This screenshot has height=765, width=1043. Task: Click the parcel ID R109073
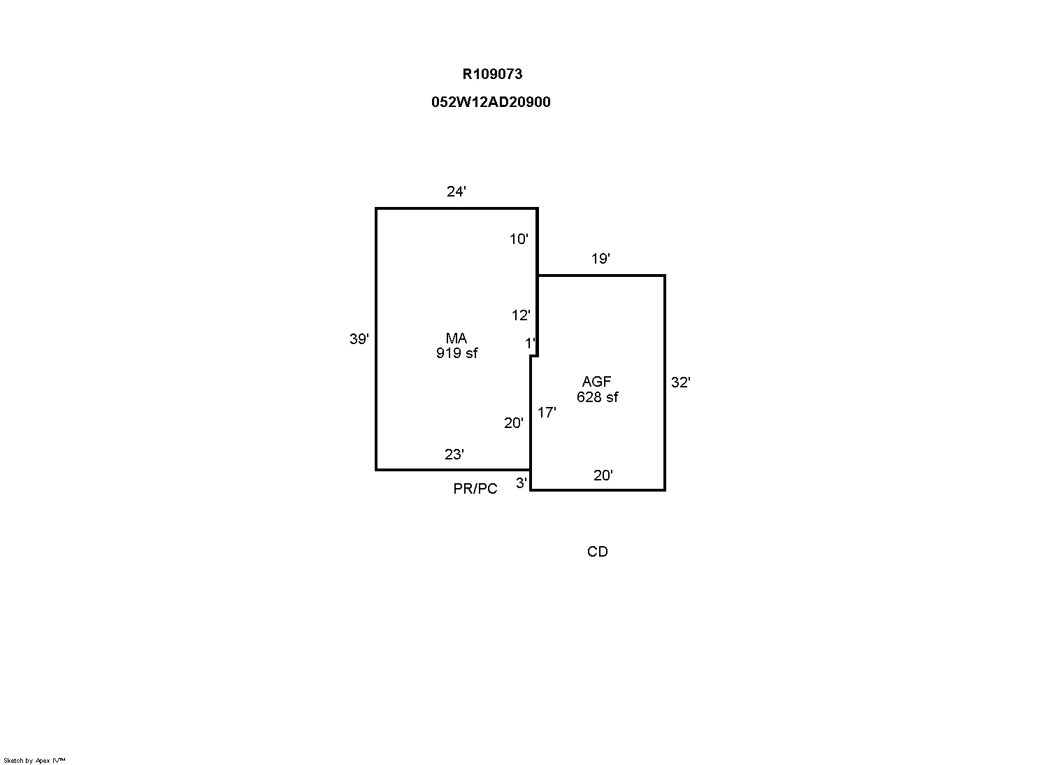pyautogui.click(x=492, y=74)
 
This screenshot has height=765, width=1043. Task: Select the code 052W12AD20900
pyautogui.click(x=491, y=102)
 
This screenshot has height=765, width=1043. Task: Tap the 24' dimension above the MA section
pyautogui.click(x=456, y=192)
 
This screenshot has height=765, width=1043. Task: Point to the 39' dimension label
pyautogui.click(x=359, y=338)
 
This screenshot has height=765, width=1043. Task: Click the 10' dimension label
pyautogui.click(x=519, y=239)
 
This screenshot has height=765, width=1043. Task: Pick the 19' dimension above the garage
pyautogui.click(x=600, y=259)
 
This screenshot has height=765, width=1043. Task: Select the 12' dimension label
pyautogui.click(x=521, y=315)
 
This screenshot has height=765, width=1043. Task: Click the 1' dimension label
pyautogui.click(x=530, y=343)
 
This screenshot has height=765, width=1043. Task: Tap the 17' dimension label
pyautogui.click(x=547, y=413)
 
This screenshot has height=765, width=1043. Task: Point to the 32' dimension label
pyautogui.click(x=680, y=382)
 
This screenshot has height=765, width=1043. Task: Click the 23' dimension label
pyautogui.click(x=454, y=455)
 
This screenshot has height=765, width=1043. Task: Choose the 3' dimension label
pyautogui.click(x=521, y=483)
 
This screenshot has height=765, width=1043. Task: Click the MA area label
pyautogui.click(x=456, y=338)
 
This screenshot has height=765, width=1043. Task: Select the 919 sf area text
pyautogui.click(x=456, y=353)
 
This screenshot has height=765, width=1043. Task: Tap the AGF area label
pyautogui.click(x=596, y=382)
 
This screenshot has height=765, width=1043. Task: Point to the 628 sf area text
pyautogui.click(x=598, y=397)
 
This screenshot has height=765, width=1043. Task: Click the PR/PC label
pyautogui.click(x=475, y=489)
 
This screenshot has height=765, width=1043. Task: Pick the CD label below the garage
pyautogui.click(x=598, y=552)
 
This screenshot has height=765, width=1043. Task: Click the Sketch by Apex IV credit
pyautogui.click(x=34, y=761)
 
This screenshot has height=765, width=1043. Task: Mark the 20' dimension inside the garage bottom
pyautogui.click(x=603, y=476)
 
